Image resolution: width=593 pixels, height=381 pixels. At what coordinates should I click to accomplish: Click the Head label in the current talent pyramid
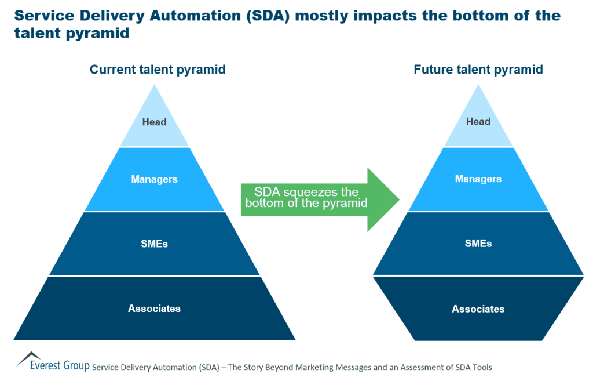click(x=154, y=122)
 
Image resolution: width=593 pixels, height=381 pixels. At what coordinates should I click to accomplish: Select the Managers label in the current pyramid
click(x=154, y=179)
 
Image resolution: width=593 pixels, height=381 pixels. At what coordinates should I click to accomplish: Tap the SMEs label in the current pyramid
click(x=154, y=244)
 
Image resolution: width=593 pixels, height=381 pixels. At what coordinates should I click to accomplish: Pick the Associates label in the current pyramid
click(x=154, y=309)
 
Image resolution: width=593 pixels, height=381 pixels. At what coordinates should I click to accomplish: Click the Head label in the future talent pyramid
click(x=478, y=122)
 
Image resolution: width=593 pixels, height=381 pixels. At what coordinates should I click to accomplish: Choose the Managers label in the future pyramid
click(x=478, y=179)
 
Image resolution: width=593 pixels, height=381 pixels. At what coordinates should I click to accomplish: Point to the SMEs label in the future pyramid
click(x=478, y=244)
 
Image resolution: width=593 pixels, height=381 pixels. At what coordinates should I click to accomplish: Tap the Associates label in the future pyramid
click(x=478, y=309)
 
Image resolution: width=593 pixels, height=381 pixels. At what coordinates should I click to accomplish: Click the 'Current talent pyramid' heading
click(x=158, y=70)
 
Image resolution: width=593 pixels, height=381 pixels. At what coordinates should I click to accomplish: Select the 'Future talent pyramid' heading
click(x=478, y=70)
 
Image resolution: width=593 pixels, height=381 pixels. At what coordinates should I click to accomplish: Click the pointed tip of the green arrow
click(x=398, y=199)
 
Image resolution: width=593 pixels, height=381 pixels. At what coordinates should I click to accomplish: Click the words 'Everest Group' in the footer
click(x=60, y=366)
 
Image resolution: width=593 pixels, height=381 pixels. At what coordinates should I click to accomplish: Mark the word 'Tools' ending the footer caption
click(x=481, y=367)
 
